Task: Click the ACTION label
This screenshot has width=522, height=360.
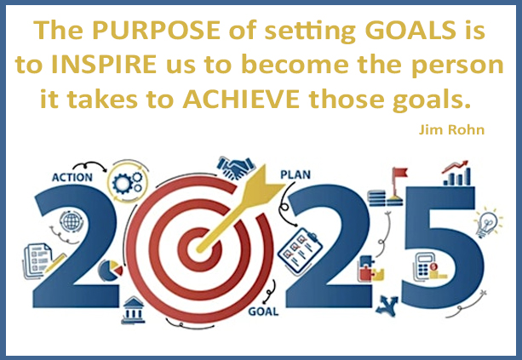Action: [72, 177]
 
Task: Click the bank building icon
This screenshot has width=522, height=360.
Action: [134, 310]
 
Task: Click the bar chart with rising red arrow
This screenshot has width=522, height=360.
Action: [457, 174]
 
